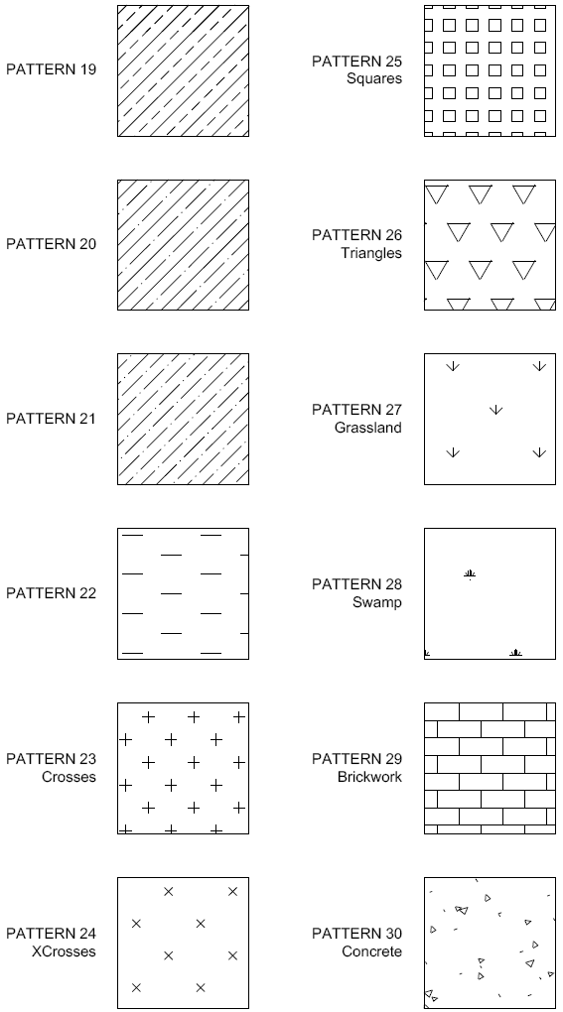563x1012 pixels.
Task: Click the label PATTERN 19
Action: point(51,69)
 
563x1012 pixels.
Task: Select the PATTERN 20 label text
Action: point(51,244)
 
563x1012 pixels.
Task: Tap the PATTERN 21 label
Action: point(51,419)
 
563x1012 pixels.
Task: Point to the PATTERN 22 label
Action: point(51,593)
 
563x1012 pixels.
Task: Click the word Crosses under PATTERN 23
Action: point(70,777)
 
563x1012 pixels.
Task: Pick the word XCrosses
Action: point(64,951)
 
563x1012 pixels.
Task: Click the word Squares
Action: point(374,78)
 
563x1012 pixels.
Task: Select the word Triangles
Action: point(372,253)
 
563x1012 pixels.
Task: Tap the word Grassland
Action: point(368,428)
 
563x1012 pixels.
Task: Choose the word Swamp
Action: point(377,602)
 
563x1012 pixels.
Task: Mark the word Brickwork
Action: point(370,777)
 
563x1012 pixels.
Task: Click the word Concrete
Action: point(372,951)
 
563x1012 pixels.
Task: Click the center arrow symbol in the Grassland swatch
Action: point(495,410)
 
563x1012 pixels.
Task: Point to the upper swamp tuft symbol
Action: point(470,573)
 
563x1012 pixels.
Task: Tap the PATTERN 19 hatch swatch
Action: point(184,71)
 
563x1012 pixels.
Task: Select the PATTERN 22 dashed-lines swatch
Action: point(184,593)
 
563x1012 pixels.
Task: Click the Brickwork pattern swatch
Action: point(491,768)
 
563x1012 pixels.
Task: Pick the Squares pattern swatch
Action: point(491,71)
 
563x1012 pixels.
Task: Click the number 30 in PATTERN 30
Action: point(392,934)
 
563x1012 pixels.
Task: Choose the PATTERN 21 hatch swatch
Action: point(184,419)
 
